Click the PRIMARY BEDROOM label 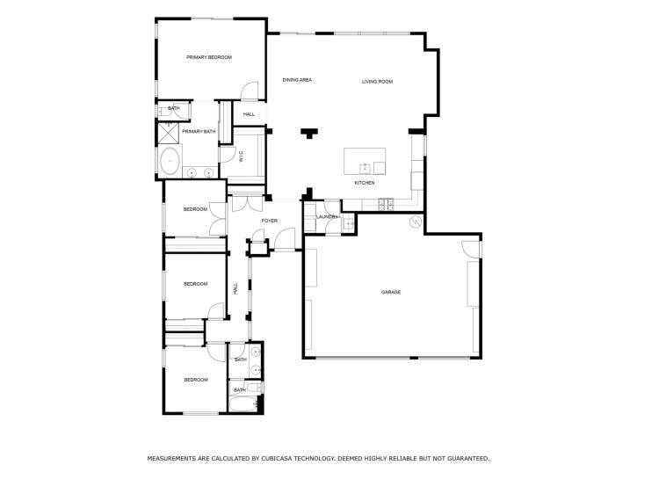[208, 57]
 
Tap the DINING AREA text [297, 80]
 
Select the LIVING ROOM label [377, 82]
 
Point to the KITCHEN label [365, 183]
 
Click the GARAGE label [391, 292]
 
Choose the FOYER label [269, 221]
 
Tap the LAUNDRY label [327, 216]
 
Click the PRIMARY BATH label [199, 132]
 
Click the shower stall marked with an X [167, 132]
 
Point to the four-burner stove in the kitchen [385, 206]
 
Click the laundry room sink [349, 223]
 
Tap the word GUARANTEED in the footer [462, 458]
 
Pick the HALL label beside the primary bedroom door [249, 114]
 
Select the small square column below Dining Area [308, 134]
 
